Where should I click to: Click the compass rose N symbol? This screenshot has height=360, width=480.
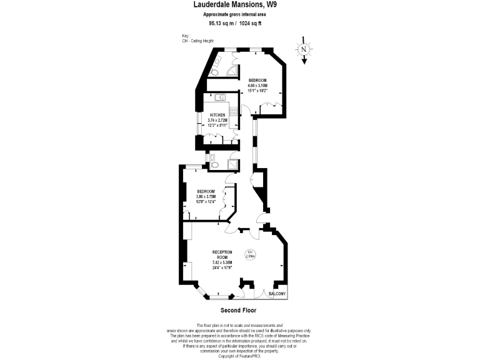pyautogui.click(x=303, y=49)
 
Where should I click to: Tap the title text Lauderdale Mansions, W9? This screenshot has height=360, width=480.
pyautogui.click(x=240, y=4)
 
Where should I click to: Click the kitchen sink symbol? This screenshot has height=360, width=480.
pyautogui.click(x=220, y=97)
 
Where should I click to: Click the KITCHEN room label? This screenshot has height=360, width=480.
pyautogui.click(x=217, y=116)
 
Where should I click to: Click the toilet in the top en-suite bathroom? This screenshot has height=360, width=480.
pyautogui.click(x=215, y=64)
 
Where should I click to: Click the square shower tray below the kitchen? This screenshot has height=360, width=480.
pyautogui.click(x=232, y=164)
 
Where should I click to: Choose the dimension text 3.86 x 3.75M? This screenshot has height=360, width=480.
pyautogui.click(x=206, y=196)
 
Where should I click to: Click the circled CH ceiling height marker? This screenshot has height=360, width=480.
pyautogui.click(x=250, y=254)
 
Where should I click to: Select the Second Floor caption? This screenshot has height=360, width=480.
pyautogui.click(x=238, y=311)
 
